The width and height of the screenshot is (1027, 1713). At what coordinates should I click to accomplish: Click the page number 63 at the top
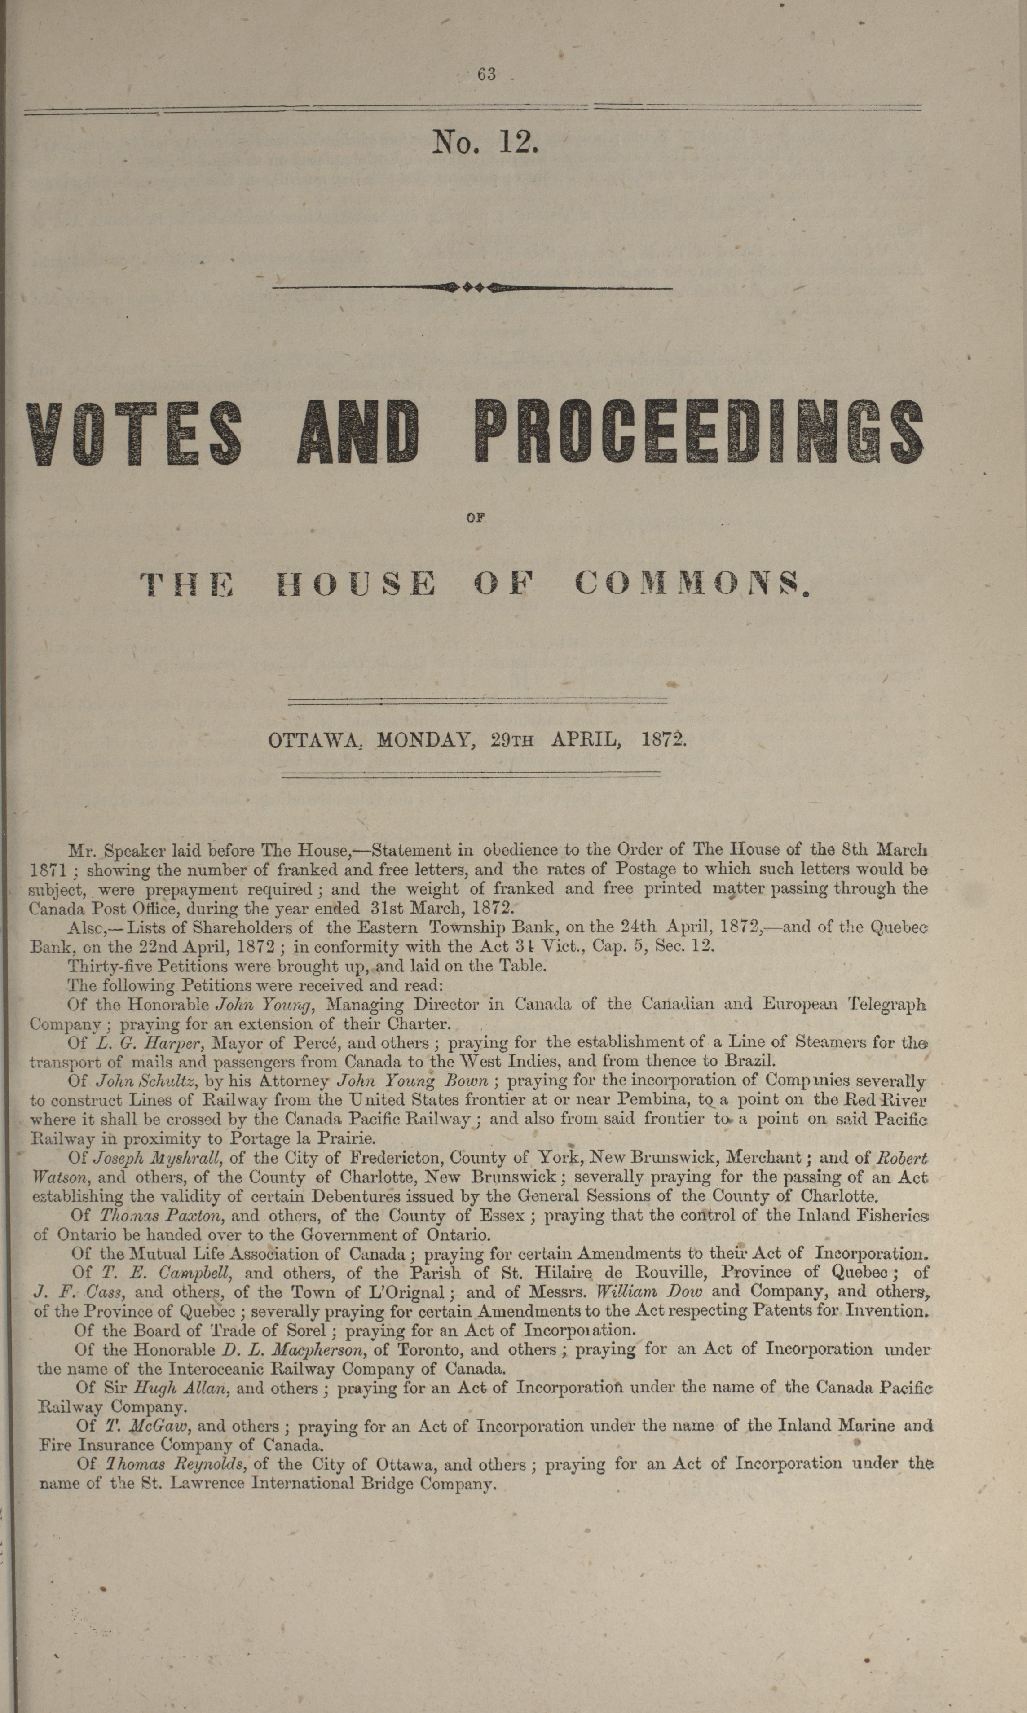pyautogui.click(x=486, y=74)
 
